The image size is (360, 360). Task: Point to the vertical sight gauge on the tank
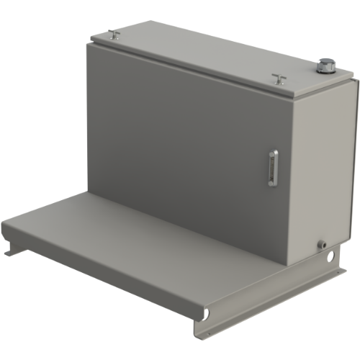272,168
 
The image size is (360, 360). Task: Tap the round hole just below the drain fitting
330,255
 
